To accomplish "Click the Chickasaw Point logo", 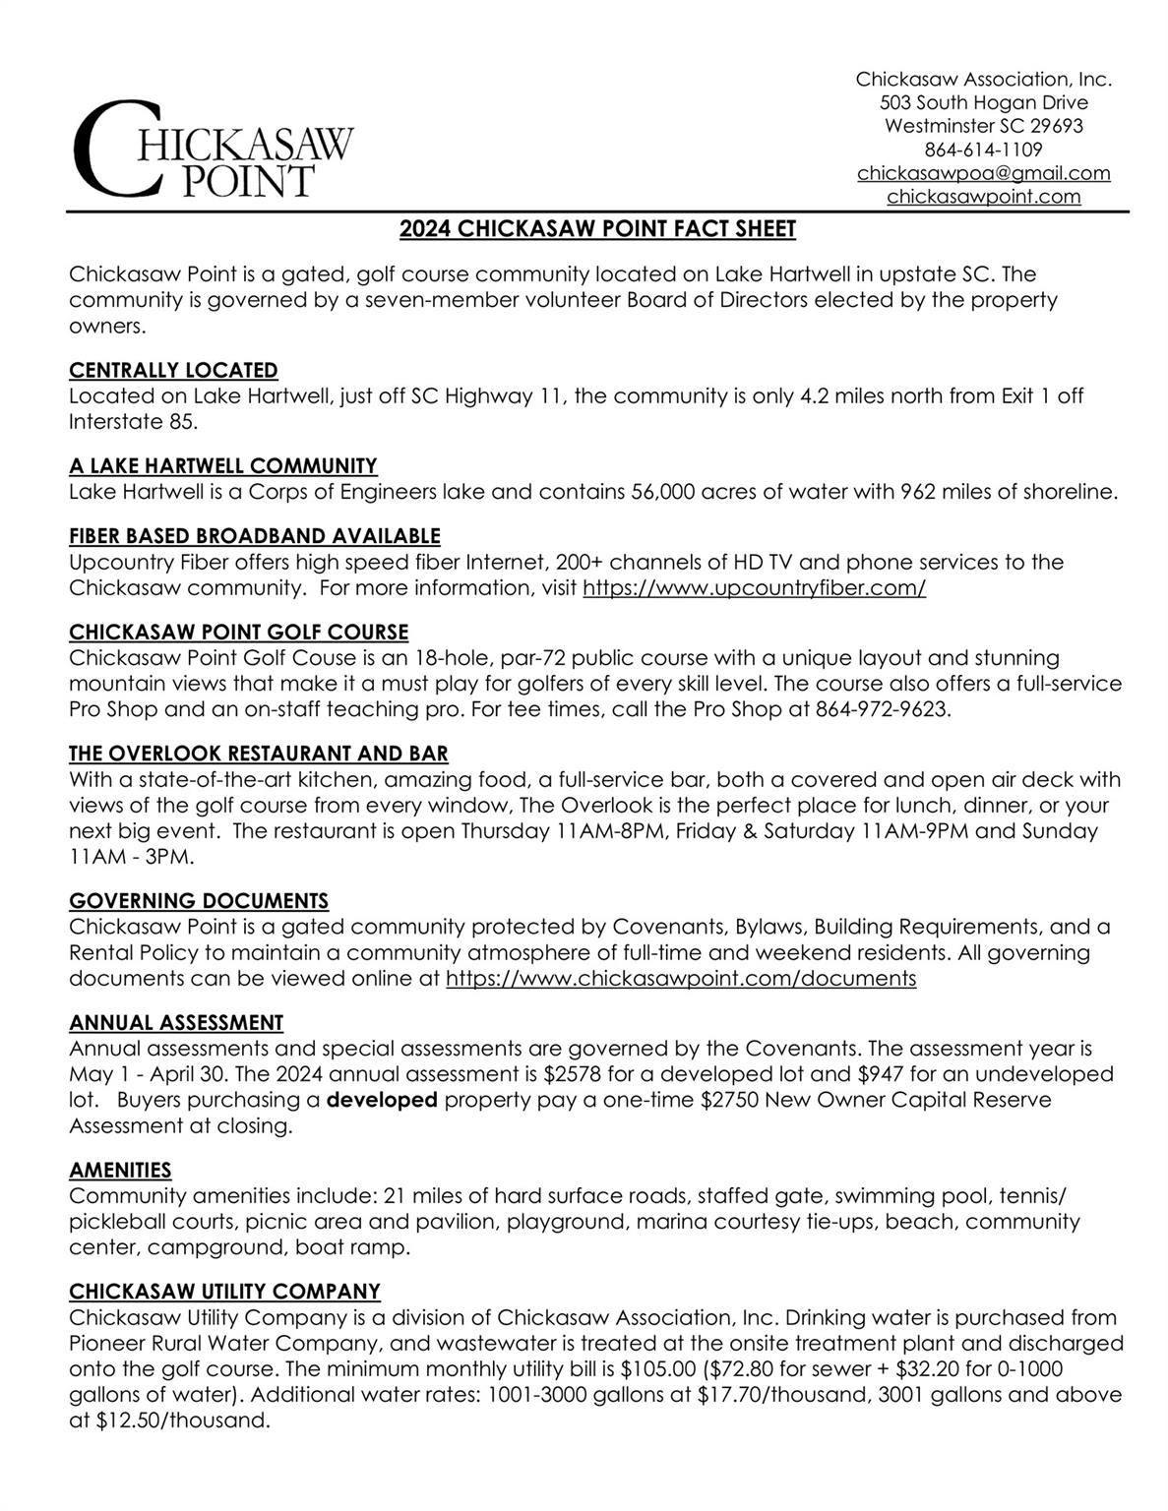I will pos(213,149).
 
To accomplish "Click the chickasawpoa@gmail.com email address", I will pos(983,173).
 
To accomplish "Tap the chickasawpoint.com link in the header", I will pos(983,197).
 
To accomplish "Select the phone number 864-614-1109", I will pos(983,150).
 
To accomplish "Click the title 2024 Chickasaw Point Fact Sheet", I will pos(597,229).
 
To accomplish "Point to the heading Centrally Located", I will pos(173,370).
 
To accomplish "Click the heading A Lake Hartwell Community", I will pos(223,465).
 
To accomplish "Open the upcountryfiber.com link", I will pos(754,588).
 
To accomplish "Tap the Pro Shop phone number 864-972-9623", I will pos(883,709).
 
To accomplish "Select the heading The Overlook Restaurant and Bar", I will pos(259,754).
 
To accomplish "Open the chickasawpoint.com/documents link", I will pos(681,979).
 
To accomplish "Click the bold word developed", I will pos(382,1100).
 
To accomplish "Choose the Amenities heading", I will pos(120,1170).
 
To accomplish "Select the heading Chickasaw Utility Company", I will pos(224,1291).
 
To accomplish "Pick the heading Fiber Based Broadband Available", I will pos(255,536).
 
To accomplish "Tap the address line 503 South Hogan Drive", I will pos(983,102).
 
